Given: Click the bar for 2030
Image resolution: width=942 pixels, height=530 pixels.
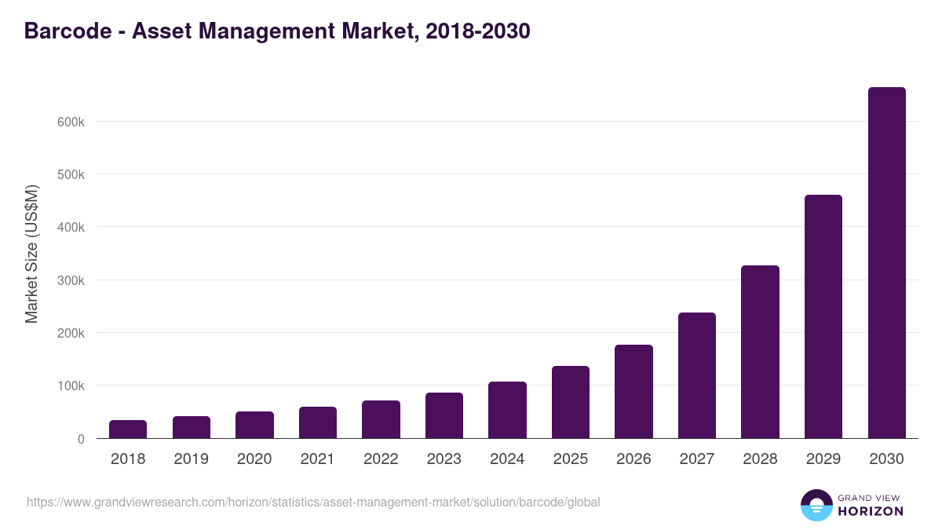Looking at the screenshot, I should [x=886, y=263].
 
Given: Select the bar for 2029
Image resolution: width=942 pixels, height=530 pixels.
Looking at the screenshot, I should [x=823, y=316].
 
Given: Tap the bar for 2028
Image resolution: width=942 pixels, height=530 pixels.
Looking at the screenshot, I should [x=760, y=352].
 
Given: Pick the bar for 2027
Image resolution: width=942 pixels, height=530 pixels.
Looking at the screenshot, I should [x=697, y=375].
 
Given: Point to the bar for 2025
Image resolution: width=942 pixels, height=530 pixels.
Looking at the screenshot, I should [x=571, y=402].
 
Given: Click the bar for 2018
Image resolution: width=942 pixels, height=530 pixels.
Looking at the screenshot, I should [x=128, y=429].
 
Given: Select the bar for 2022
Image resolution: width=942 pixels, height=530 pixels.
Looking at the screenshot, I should [x=381, y=419].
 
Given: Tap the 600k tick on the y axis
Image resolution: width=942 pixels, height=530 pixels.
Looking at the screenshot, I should [x=70, y=122].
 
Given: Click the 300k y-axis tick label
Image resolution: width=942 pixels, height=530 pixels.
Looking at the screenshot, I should [x=70, y=280].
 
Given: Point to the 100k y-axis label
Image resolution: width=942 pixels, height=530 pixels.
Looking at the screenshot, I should [x=70, y=386].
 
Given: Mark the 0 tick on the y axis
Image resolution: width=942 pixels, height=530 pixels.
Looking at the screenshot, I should [x=81, y=439].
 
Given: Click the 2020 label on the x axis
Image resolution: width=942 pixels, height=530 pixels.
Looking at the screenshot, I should [x=254, y=459].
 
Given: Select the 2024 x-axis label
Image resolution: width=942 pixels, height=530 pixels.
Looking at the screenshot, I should [x=507, y=459].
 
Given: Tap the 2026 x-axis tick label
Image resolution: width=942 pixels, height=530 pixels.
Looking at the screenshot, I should [x=633, y=459].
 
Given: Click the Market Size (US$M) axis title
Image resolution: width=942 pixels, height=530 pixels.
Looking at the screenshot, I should [x=32, y=254].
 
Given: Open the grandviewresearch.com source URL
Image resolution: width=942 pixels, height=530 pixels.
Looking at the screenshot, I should [x=314, y=502].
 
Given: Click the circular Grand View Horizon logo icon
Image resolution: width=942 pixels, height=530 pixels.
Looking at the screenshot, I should [x=816, y=505].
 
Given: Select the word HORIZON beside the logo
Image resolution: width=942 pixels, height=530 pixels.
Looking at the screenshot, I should [x=870, y=511].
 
